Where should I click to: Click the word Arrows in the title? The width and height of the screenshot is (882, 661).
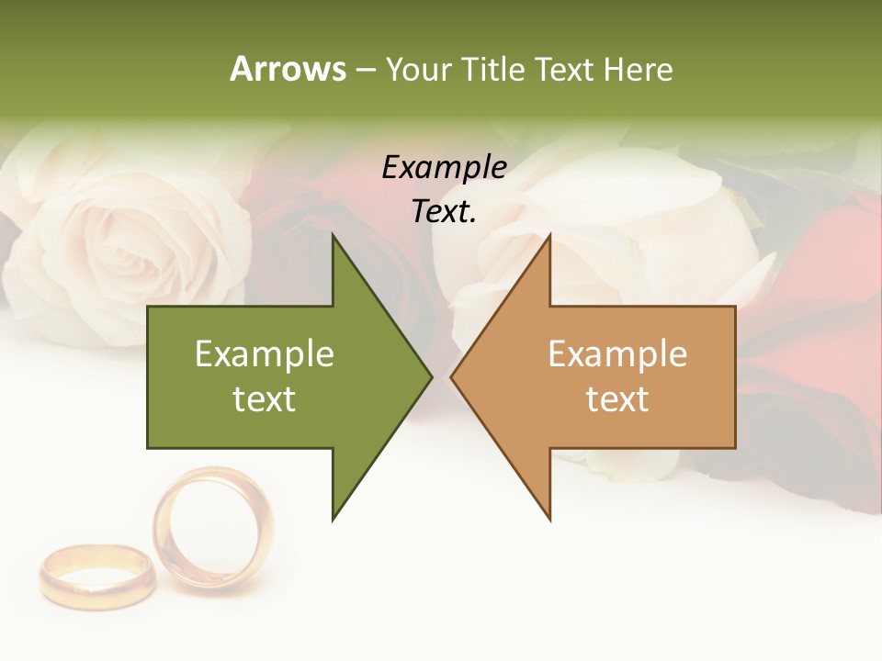point(288,69)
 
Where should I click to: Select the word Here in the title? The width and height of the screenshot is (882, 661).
point(638,69)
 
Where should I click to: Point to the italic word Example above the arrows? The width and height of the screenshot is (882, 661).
point(444,167)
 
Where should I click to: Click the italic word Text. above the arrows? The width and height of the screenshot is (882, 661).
point(444,212)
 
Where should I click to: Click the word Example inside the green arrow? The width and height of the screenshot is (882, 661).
point(265,354)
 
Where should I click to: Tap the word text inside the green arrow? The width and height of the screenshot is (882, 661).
point(265,399)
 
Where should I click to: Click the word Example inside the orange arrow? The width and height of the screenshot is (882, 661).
point(617,354)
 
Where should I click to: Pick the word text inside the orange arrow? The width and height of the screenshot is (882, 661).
point(617,399)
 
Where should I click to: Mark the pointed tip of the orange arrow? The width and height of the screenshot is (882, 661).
point(453,376)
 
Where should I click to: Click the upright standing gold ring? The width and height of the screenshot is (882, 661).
point(213,528)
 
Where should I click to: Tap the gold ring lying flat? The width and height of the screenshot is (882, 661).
point(96,574)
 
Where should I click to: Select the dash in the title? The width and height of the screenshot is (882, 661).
point(365,70)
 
